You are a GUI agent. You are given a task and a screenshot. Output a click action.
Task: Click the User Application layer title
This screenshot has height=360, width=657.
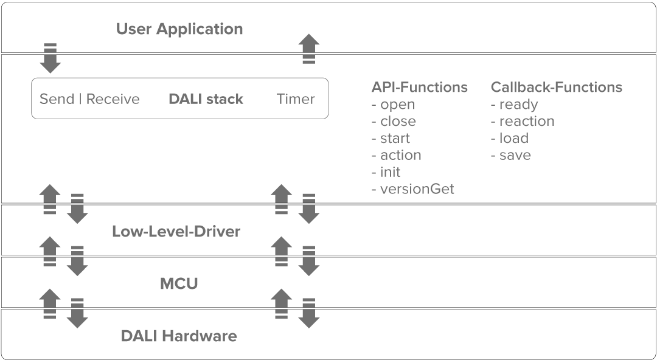[179, 29]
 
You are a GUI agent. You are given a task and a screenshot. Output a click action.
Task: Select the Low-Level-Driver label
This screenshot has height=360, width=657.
[176, 232]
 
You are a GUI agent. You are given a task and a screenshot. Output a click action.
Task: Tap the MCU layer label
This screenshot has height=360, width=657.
[179, 283]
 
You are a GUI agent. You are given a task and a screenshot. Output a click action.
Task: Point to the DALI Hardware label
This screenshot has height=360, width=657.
[179, 336]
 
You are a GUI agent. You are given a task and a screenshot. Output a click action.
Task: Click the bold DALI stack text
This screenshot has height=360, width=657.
[206, 99]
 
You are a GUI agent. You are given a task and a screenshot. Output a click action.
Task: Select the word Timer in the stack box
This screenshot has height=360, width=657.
[296, 99]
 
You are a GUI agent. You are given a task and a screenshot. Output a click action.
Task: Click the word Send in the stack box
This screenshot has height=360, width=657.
[57, 99]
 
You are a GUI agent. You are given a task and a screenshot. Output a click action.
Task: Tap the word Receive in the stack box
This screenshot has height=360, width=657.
[113, 99]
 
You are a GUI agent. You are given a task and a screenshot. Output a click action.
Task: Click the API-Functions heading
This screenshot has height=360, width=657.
[420, 87]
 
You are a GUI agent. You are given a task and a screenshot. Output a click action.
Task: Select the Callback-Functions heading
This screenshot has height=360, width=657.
[557, 87]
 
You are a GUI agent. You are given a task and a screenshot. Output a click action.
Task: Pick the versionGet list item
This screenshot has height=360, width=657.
[417, 189]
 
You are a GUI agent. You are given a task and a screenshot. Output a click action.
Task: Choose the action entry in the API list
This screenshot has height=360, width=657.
[400, 155]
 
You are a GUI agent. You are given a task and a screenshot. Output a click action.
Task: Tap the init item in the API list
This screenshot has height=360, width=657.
[390, 172]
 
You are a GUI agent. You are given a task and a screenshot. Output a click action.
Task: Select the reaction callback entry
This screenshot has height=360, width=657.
[526, 121]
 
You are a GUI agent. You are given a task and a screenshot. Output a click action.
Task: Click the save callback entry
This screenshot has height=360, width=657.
[515, 155]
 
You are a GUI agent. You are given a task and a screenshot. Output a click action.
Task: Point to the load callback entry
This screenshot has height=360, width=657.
[513, 138]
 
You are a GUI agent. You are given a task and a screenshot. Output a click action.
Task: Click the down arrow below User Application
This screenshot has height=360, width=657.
[50, 58]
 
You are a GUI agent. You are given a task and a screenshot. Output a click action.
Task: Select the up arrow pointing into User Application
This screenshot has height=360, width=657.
[310, 49]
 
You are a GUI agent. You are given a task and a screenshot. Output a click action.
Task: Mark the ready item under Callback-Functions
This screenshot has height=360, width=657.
[518, 105]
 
